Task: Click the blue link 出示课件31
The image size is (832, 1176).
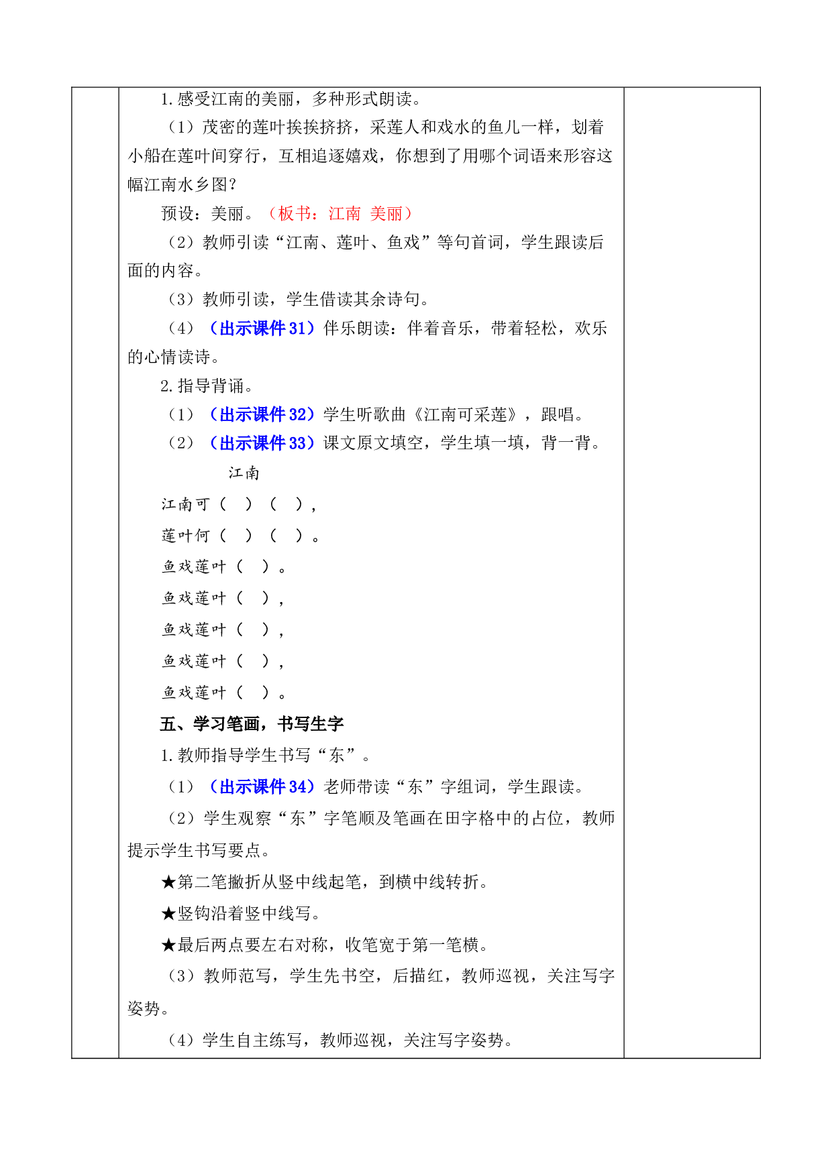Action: (262, 328)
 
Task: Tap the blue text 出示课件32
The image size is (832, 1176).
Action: (262, 414)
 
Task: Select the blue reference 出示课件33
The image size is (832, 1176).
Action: (262, 443)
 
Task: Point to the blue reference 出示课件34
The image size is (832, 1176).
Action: (262, 786)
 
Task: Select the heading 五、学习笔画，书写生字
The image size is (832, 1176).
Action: (252, 723)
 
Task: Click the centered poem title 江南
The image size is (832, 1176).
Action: (244, 473)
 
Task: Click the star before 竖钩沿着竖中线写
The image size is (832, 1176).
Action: (168, 913)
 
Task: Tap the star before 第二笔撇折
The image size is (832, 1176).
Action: (168, 882)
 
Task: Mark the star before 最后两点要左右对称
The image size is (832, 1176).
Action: (168, 945)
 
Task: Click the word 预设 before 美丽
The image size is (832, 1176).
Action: (177, 213)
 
